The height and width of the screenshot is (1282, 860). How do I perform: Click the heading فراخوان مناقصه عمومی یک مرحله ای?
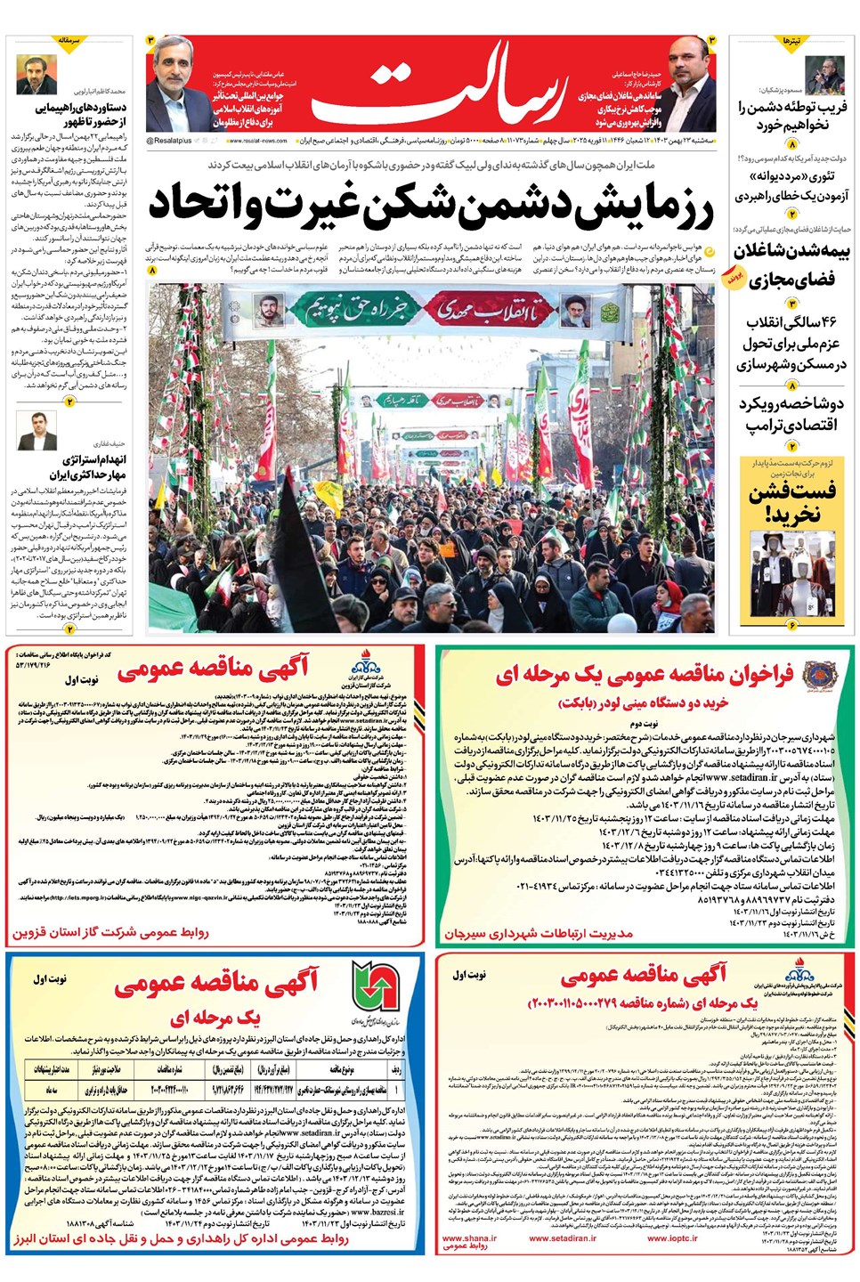pos(645,676)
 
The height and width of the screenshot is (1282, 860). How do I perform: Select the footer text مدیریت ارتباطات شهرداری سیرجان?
pos(540,934)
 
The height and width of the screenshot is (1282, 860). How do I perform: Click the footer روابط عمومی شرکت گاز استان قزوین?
pos(110,932)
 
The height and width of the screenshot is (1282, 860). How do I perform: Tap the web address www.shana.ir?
pos(469,1237)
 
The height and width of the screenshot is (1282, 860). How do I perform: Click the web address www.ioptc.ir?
pos(672,1237)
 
